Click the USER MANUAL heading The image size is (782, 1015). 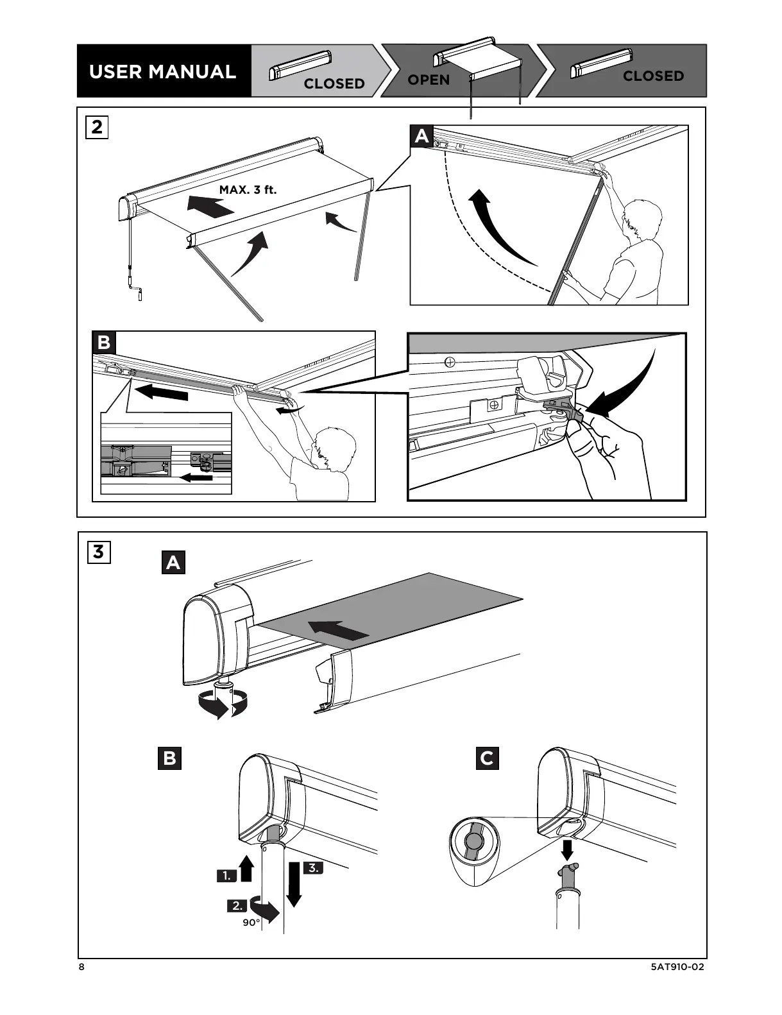[162, 71]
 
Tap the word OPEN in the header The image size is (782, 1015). [429, 80]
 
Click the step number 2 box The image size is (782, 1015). [97, 127]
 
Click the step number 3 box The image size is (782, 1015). [98, 551]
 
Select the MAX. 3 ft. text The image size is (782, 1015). [248, 190]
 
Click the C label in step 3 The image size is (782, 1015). [487, 758]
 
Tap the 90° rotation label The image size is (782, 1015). [251, 923]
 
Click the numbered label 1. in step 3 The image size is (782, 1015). [226, 875]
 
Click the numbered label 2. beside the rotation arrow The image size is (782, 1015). [237, 906]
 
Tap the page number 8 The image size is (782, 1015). [81, 968]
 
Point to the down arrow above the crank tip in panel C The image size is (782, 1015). [567, 849]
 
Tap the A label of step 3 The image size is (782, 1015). [173, 563]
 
